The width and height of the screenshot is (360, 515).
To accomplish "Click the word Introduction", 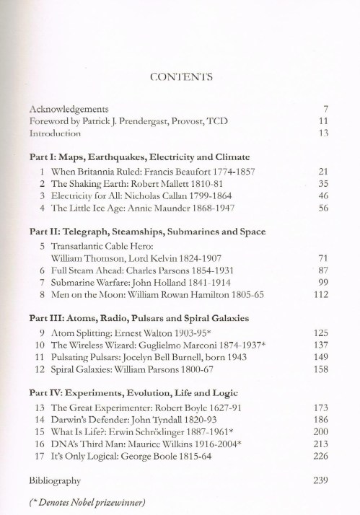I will coord(56,133).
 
